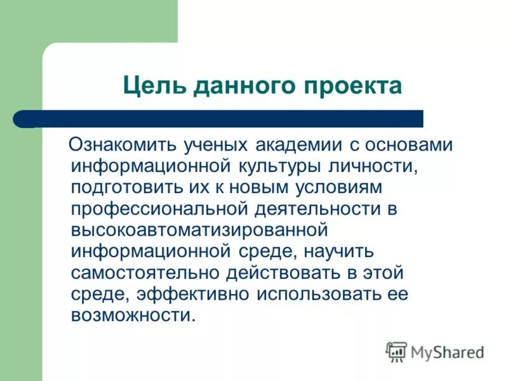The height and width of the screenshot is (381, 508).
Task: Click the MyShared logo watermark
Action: click(435, 351)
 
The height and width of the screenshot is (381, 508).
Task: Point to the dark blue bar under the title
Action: click(222, 119)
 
